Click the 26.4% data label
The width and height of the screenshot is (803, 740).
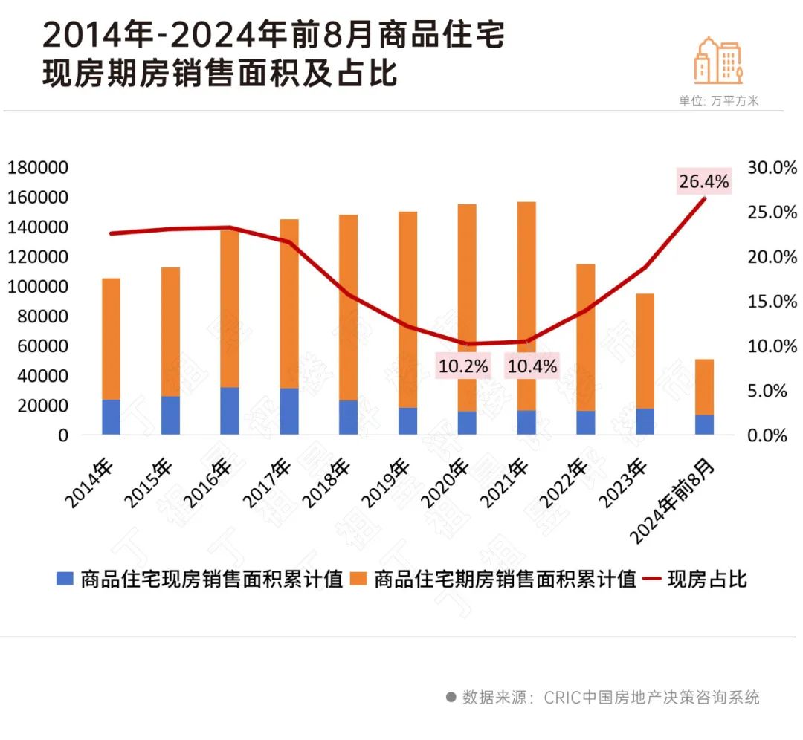tap(703, 181)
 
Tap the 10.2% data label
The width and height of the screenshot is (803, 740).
tap(463, 366)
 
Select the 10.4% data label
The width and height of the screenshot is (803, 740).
tap(532, 366)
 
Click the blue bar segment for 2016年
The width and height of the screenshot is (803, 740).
tap(230, 411)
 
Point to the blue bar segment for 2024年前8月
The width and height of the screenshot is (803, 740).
tap(704, 424)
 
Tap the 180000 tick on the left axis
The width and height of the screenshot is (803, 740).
tap(38, 168)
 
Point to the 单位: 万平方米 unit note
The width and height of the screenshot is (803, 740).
tap(718, 101)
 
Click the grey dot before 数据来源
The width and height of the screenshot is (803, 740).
tap(451, 697)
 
